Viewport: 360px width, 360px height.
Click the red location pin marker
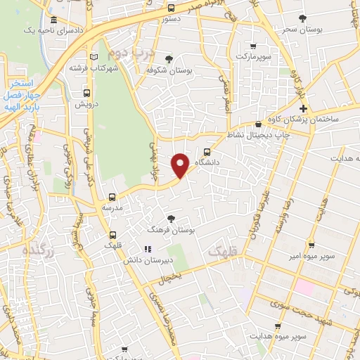[x=181, y=165]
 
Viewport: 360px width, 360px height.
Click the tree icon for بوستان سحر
[x=303, y=18]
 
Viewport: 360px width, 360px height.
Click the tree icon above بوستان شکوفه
[x=168, y=58]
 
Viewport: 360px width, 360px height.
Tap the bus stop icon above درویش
[x=86, y=92]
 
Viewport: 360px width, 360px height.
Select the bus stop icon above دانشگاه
[x=206, y=150]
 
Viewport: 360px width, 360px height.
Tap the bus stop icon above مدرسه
[x=112, y=197]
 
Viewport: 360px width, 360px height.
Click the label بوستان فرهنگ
[x=171, y=230]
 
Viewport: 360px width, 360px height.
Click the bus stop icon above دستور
[x=172, y=8]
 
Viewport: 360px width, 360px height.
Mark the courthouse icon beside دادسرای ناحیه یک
[x=54, y=20]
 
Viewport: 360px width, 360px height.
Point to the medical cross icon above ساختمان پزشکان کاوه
[x=303, y=108]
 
